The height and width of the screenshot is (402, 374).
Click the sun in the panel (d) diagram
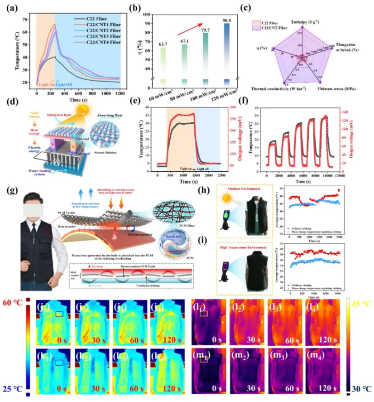[84, 111]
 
